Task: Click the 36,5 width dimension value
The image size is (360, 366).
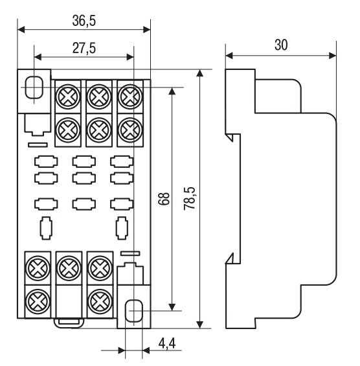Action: point(84,21)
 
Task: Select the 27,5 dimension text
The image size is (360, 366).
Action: point(84,49)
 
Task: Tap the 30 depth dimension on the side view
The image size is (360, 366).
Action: point(281,45)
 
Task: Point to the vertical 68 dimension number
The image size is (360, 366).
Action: point(164,199)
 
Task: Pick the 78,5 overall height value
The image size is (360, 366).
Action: point(189,198)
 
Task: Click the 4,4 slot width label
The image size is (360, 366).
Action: point(167,343)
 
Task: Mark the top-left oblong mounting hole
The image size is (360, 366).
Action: point(34,87)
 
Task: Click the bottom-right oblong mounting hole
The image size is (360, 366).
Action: point(133,311)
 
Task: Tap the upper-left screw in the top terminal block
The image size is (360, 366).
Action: point(68,97)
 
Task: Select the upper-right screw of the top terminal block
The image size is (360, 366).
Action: point(130,97)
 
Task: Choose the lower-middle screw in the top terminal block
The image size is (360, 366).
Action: point(99,130)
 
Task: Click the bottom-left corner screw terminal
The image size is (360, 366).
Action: point(38,301)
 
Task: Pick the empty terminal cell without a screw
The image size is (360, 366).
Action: point(69,301)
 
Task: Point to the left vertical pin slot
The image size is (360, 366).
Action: point(46,228)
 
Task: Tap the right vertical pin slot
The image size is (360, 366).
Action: point(122,228)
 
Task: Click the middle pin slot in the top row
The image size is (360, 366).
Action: point(84,161)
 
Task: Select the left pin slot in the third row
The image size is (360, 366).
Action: point(46,204)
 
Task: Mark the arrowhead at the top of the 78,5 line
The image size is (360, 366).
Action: point(199,73)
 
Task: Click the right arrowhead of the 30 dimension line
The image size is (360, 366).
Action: point(332,56)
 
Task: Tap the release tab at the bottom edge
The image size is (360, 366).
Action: point(69,323)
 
